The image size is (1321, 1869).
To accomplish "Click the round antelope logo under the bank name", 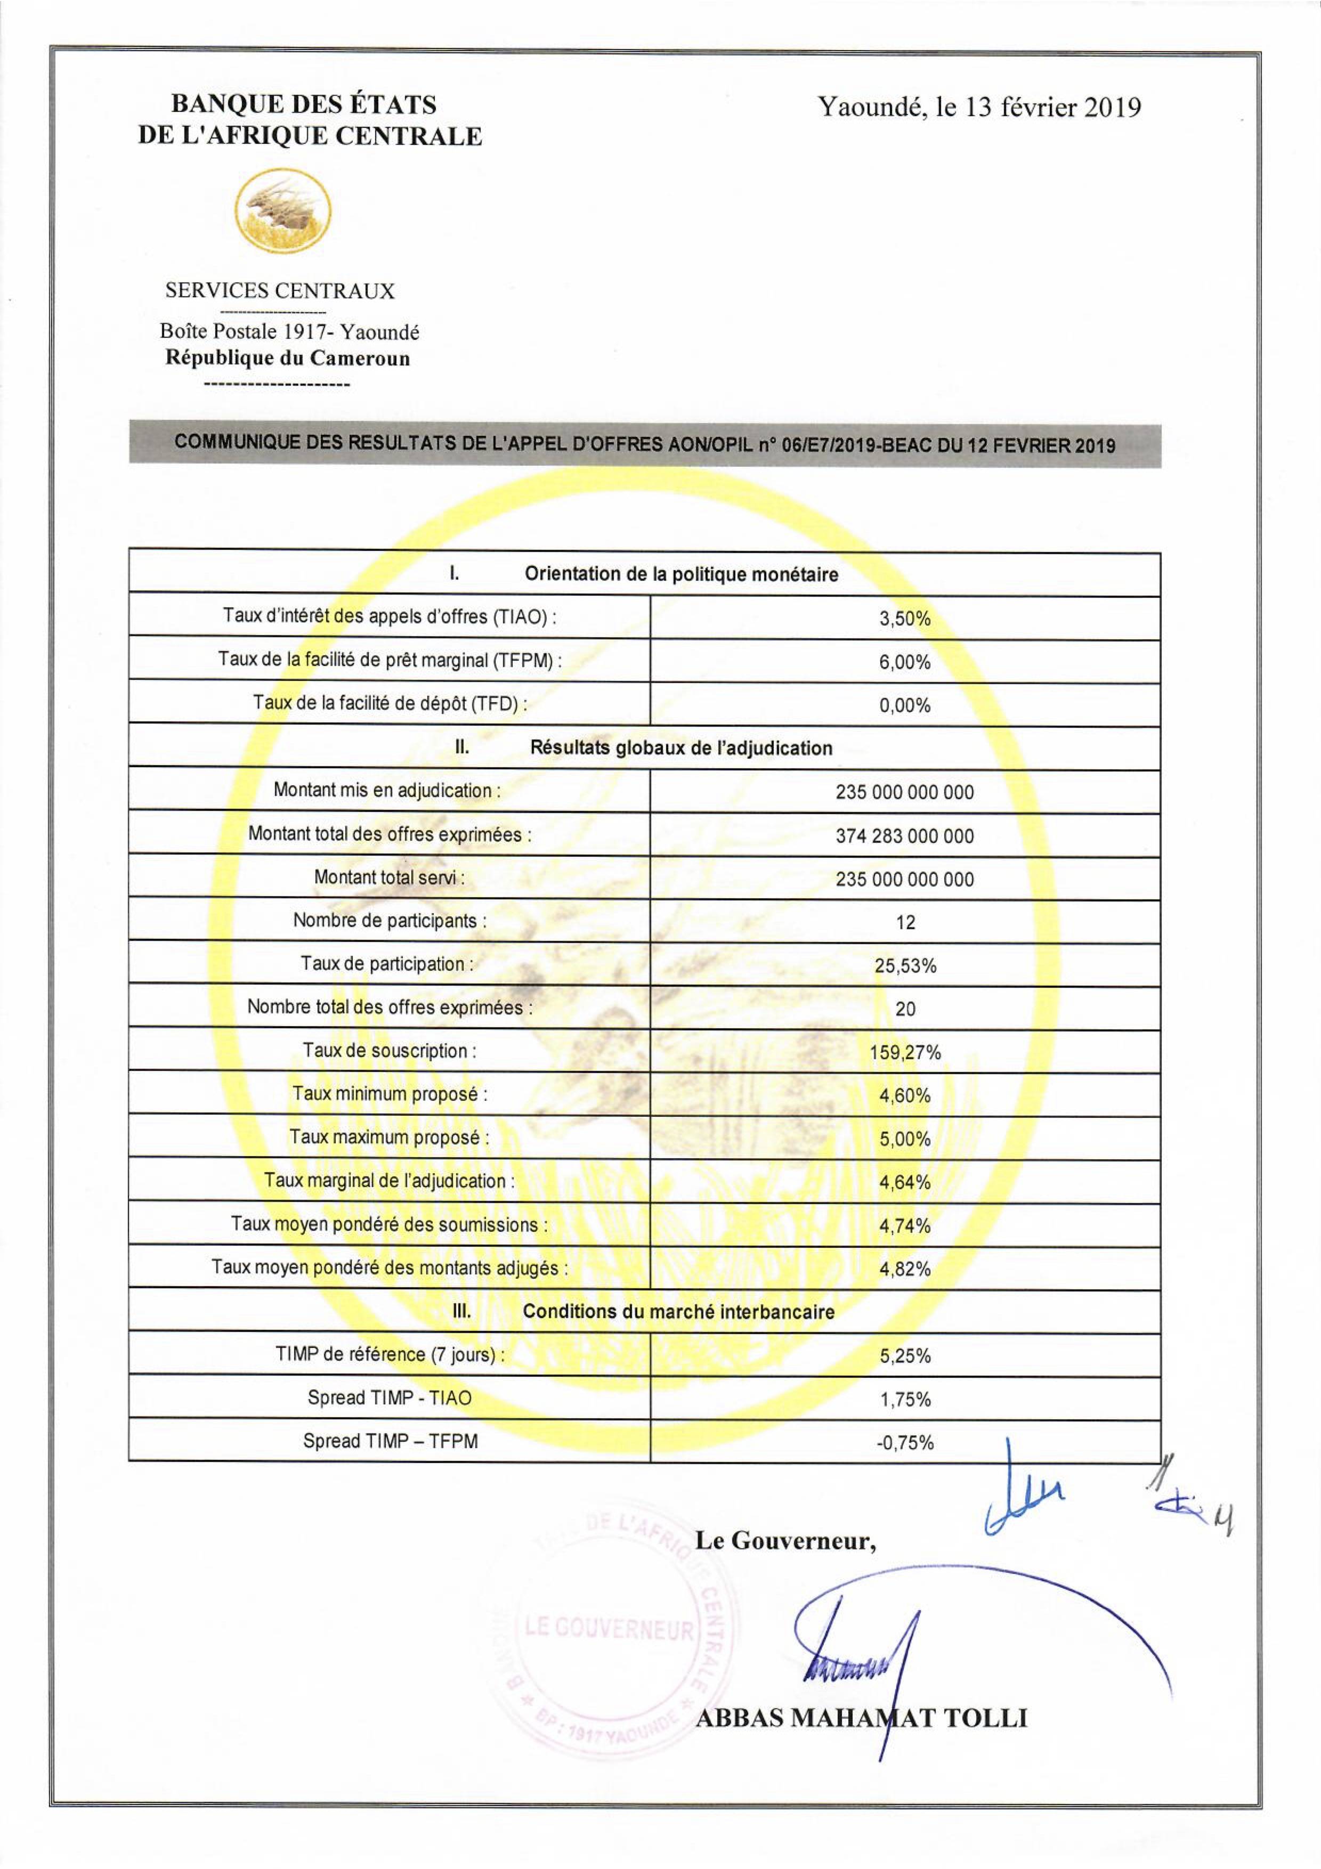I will [282, 210].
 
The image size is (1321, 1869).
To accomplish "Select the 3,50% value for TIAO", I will [904, 618].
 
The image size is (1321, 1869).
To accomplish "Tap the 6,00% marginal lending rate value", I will [904, 662].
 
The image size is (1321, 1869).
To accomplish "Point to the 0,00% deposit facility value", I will [904, 705].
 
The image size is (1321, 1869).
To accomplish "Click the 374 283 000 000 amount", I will [904, 836].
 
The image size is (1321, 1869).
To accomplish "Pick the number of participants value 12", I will [905, 922].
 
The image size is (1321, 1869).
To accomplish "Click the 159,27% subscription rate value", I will [905, 1053].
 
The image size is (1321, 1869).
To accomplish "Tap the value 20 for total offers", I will [905, 1010].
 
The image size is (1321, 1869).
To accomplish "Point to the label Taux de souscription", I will [389, 1051].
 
